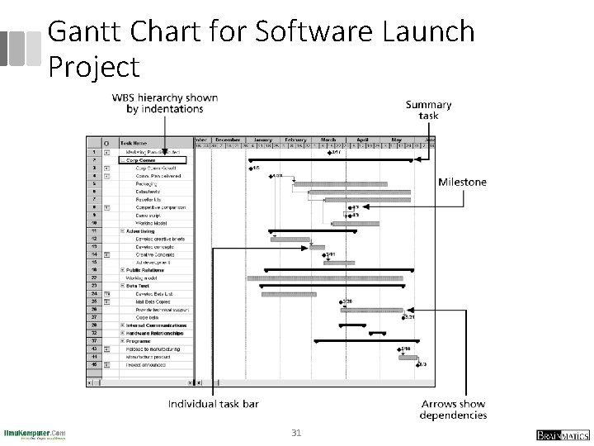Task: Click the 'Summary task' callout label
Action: pyautogui.click(x=428, y=110)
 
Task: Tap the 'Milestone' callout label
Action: pyautogui.click(x=462, y=182)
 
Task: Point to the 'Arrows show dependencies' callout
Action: pyautogui.click(x=453, y=409)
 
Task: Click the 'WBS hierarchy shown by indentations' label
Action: pyautogui.click(x=165, y=102)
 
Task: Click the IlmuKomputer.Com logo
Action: pyautogui.click(x=35, y=433)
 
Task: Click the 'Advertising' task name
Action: pyautogui.click(x=141, y=231)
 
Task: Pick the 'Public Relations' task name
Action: pyautogui.click(x=146, y=270)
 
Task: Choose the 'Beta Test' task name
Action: pyautogui.click(x=138, y=286)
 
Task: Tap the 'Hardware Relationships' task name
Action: pyautogui.click(x=155, y=332)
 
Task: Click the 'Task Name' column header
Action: pyautogui.click(x=134, y=142)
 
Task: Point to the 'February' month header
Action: pyautogui.click(x=295, y=140)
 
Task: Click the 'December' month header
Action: pyautogui.click(x=228, y=140)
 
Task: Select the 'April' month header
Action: pyautogui.click(x=361, y=140)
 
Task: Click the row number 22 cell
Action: pyautogui.click(x=95, y=278)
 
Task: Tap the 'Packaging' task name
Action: pyautogui.click(x=148, y=184)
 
